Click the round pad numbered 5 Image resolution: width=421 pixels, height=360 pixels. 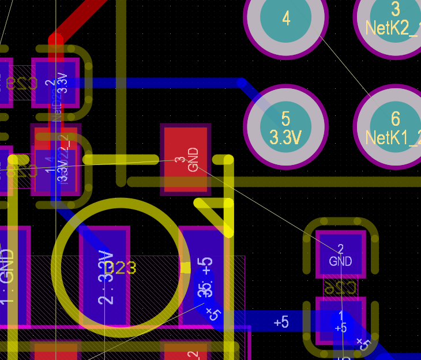pos(285,127)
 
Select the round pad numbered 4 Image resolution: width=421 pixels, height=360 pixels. pos(286,18)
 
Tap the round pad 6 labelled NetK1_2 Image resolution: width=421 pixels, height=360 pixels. pos(395,127)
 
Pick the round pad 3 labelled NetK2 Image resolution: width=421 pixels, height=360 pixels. pos(396,17)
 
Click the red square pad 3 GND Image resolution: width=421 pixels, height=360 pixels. pos(186,159)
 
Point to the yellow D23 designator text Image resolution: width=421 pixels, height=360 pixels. pos(121,268)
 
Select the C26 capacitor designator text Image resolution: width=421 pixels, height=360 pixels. pos(340,287)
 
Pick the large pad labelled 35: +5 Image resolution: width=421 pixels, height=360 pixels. pos(203,271)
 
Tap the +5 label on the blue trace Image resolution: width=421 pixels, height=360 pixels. pos(281,322)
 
